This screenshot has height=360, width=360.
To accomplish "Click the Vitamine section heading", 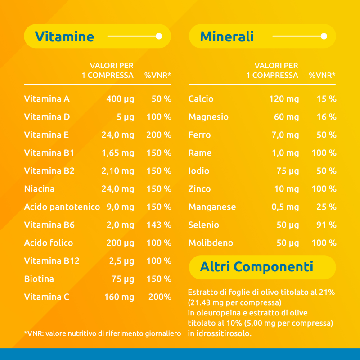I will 64,36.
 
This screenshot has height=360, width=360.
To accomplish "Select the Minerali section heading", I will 227,36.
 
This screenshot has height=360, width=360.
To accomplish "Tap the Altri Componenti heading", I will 256,267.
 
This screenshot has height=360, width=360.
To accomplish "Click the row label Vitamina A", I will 47,99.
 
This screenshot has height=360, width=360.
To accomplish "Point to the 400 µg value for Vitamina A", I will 120,99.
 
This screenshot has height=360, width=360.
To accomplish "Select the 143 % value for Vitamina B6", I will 159,225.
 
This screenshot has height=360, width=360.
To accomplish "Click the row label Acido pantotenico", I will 62,207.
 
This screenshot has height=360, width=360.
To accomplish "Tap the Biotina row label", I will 39,279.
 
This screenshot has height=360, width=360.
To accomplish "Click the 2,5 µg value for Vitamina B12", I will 121,261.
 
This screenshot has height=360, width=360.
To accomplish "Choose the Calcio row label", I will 201,99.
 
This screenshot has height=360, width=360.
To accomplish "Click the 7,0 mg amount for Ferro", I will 285,135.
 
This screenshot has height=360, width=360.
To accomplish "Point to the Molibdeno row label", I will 211,243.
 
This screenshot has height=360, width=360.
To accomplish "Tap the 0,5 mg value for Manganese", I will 285,207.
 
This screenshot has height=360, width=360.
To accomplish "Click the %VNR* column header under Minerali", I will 322,75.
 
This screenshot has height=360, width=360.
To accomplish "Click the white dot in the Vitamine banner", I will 158,36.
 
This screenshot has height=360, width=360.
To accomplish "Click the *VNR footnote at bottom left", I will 102,333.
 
